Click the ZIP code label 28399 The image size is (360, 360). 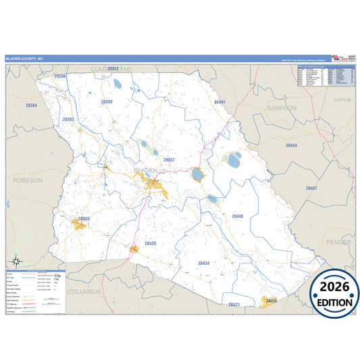[x=107, y=101]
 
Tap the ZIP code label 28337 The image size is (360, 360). [x=169, y=160]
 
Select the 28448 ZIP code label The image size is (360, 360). [x=237, y=216]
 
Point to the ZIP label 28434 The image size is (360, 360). [x=204, y=263]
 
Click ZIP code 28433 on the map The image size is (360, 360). [x=151, y=242]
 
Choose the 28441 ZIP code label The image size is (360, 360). [x=219, y=101]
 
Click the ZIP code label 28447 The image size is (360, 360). [x=311, y=188]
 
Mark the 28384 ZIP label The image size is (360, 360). [x=31, y=106]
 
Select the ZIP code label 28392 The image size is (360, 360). [x=68, y=120]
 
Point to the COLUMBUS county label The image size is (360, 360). [x=84, y=292]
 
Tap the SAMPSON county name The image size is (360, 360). [x=282, y=107]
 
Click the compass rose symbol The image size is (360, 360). [x=15, y=261]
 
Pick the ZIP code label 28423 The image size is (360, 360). [x=234, y=305]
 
